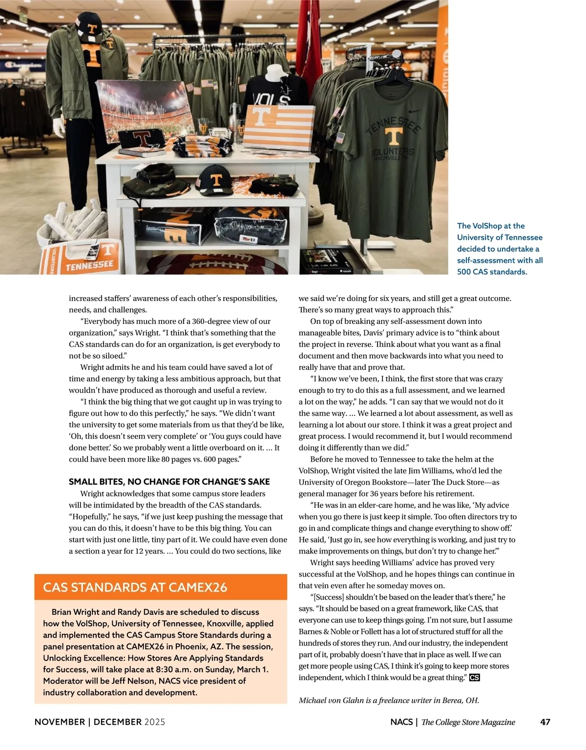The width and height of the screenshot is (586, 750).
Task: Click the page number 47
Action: click(545, 722)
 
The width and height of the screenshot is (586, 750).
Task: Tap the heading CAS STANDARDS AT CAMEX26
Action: click(135, 587)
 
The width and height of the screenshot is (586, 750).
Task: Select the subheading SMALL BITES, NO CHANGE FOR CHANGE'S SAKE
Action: click(169, 482)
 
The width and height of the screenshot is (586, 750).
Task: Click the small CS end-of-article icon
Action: click(474, 678)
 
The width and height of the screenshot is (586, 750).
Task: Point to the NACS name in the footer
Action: click(401, 722)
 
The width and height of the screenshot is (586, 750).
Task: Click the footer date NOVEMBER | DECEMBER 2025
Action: click(100, 722)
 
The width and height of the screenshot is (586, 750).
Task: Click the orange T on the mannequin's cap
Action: click(91, 28)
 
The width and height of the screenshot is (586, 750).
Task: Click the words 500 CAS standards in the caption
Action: click(492, 272)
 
